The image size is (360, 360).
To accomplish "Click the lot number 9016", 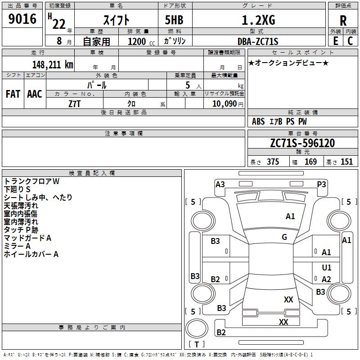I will (22, 19).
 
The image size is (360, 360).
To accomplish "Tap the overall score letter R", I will (343, 20).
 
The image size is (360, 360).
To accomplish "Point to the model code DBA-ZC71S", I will (258, 41).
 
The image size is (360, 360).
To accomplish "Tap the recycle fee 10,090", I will (224, 103).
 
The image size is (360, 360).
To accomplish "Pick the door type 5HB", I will (171, 20).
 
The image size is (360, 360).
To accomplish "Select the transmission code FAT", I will (13, 94).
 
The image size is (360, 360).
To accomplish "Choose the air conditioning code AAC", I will (34, 94).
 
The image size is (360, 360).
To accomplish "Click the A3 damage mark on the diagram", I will (220, 184).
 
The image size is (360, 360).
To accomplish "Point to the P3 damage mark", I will (321, 184).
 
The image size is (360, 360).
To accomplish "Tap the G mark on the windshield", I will (284, 237).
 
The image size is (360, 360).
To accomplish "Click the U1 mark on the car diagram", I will (327, 268).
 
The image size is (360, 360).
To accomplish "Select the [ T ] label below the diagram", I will (196, 344).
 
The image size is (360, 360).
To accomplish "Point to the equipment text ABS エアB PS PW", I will (279, 121).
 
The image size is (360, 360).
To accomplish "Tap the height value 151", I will (346, 162).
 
